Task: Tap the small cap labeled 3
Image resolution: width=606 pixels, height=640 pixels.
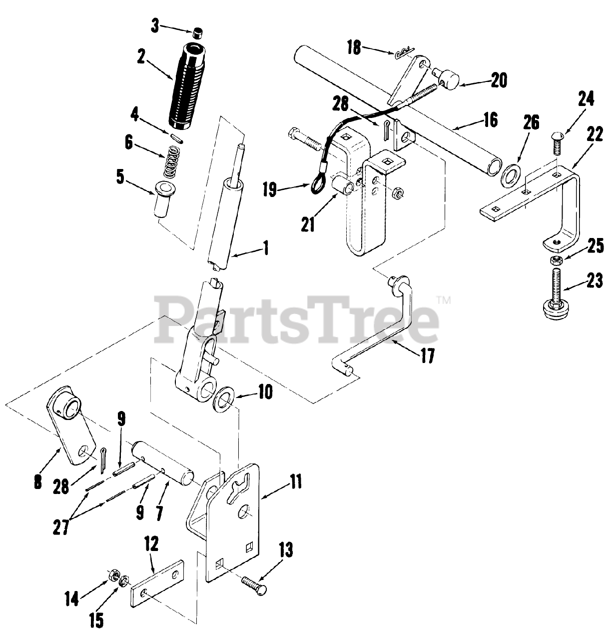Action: coord(198,34)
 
